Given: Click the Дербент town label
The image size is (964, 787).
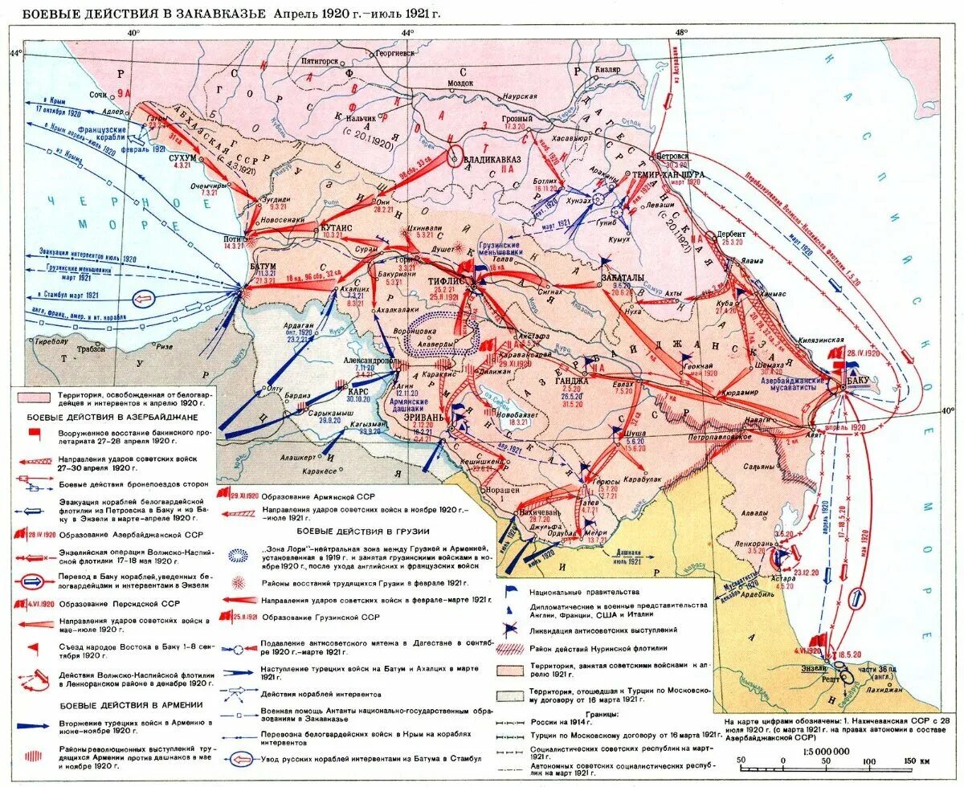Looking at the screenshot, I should (x=732, y=234).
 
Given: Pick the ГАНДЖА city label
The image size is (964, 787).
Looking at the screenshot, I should (x=573, y=380).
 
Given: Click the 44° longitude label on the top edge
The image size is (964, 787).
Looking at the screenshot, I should (x=407, y=32).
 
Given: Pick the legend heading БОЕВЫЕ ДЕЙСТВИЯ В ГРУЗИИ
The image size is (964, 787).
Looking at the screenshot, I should (x=363, y=531).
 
